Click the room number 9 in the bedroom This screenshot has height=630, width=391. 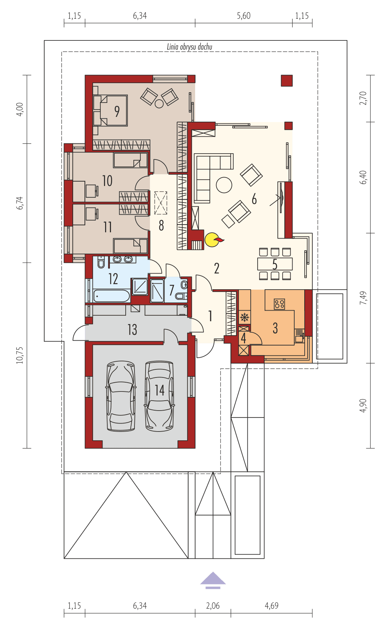click(x=117, y=111)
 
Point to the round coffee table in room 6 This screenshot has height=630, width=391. click(x=224, y=185)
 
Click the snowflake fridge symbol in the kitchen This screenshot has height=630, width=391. click(x=244, y=317)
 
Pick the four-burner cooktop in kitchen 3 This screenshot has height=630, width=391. click(x=279, y=304)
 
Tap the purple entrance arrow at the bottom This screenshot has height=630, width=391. click(x=213, y=580)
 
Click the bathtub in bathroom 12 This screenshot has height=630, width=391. click(x=111, y=296)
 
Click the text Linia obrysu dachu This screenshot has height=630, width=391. click(x=190, y=47)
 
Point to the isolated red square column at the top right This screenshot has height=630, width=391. click(x=287, y=80)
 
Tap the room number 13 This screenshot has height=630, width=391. click(x=132, y=329)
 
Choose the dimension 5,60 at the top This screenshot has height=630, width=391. click(x=244, y=16)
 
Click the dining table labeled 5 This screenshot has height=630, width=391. click(x=275, y=264)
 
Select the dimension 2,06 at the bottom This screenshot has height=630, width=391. click(x=213, y=605)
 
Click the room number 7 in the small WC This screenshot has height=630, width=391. click(x=172, y=290)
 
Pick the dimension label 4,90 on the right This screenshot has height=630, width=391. click(x=363, y=405)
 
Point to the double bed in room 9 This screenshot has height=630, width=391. click(x=110, y=111)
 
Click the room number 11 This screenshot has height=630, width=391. click(x=107, y=227)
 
